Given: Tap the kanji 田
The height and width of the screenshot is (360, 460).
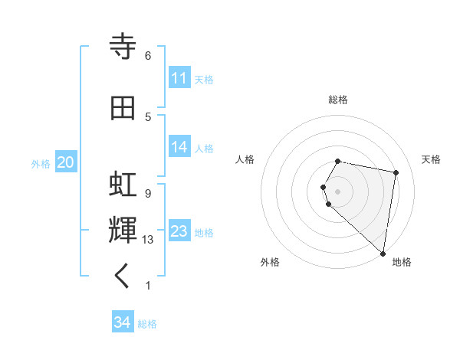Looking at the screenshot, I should coord(123,109).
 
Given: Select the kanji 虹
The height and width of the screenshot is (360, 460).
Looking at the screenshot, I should coord(123,185).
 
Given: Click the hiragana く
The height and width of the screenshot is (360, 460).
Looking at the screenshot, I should coord(123,277).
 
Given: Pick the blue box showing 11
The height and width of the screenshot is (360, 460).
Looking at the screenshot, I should coord(179,78).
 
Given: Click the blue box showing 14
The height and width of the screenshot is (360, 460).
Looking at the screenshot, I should coord(179,147).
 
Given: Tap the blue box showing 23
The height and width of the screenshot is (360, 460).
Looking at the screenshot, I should coord(179,231).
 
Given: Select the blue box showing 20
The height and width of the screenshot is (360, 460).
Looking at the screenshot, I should coord(65,162).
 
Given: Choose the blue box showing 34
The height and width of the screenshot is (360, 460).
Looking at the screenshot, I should coord(123,323).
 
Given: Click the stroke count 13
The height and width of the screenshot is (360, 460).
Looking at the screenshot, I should coord(148,240).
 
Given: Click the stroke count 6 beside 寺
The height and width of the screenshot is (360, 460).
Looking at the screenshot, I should coord(148,56).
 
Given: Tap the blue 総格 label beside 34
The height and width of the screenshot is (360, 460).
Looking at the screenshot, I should coord(147,324).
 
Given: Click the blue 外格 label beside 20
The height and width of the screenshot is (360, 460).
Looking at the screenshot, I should coord(41,163).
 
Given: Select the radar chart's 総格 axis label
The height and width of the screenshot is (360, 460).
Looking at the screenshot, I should coord(338,100).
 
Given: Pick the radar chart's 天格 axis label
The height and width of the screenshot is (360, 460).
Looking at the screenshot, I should coord(431,159).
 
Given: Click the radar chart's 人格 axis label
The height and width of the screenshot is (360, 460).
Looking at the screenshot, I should coord(245,159).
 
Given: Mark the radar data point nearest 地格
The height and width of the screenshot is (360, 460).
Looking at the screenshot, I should coord(383,253).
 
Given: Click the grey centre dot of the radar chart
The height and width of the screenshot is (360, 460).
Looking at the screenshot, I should coord(338,190).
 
